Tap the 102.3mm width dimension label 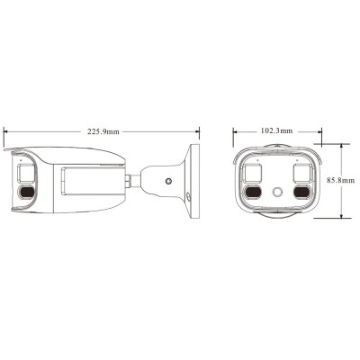pos(274,131)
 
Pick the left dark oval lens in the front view pos(253,192)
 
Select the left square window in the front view pos(253,173)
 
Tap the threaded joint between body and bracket pos(132,178)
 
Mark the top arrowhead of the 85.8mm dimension pos(344,144)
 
